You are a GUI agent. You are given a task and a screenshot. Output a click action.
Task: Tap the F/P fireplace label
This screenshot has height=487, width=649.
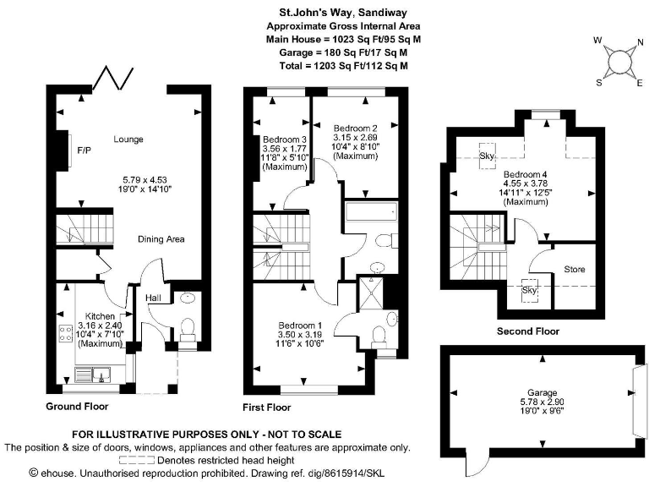coord(84,150)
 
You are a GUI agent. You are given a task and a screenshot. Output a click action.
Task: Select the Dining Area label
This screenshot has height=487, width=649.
coord(161,239)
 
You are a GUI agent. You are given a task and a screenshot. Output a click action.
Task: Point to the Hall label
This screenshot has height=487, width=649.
coord(153,298)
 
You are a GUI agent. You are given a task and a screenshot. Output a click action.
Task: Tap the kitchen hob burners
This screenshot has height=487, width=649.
coord(63,333)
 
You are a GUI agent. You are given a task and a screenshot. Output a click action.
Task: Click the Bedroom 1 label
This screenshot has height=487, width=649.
coord(300,325)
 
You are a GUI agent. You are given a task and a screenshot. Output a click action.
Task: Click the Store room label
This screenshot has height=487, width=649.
coord(574,270)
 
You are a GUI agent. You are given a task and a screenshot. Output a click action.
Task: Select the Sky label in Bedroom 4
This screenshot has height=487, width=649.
coord(487,156)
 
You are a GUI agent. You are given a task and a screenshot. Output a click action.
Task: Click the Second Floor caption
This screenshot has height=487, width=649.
coord(527,331)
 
